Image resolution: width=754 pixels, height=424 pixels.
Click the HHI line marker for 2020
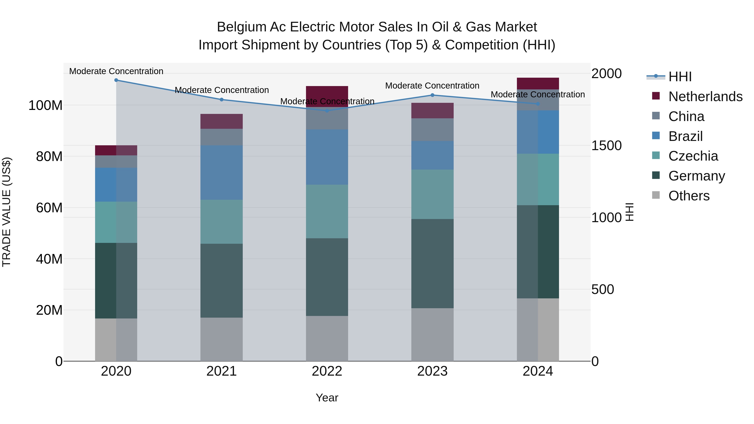click(x=116, y=80)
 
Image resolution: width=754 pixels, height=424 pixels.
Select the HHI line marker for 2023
click(x=432, y=95)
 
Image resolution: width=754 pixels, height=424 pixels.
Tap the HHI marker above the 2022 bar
click(x=327, y=111)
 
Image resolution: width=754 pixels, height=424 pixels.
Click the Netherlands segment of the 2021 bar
click(x=222, y=121)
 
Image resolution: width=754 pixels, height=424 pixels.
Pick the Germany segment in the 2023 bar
click(x=432, y=263)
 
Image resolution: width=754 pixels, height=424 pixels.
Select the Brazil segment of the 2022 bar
click(x=327, y=157)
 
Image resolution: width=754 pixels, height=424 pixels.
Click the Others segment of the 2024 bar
click(x=538, y=330)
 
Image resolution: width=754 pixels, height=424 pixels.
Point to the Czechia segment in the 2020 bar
click(x=116, y=222)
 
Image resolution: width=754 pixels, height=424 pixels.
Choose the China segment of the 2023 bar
click(x=432, y=130)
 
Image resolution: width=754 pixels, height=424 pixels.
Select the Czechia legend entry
click(x=693, y=156)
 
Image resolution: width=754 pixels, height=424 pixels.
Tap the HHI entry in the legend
click(x=680, y=77)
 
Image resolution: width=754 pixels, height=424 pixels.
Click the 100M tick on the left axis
click(x=45, y=105)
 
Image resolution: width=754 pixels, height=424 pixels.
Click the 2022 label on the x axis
click(x=327, y=371)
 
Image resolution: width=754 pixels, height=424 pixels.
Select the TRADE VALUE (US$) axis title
click(x=6, y=212)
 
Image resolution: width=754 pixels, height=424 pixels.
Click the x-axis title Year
click(x=327, y=398)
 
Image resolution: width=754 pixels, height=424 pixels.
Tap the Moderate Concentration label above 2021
click(x=222, y=90)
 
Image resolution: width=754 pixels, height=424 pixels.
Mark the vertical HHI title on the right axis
click(x=629, y=212)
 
